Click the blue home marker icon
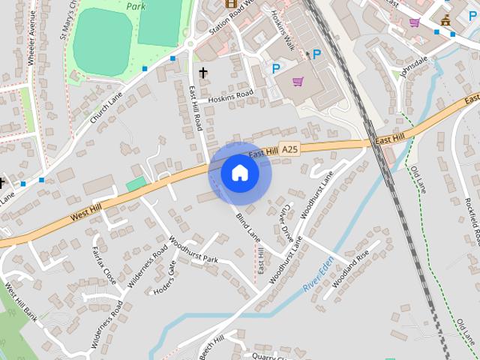pyautogui.click(x=240, y=173)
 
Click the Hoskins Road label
pyautogui.click(x=231, y=97)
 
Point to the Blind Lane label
pyautogui.click(x=247, y=227)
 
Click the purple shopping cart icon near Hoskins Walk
pyautogui.click(x=298, y=82)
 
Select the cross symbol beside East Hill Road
pyautogui.click(x=202, y=73)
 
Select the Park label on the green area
pyautogui.click(x=136, y=6)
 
